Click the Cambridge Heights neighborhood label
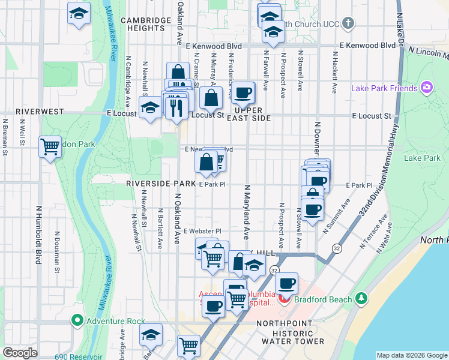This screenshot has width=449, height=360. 146,24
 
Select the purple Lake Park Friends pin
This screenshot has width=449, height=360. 427,88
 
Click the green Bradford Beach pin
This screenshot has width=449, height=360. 361,298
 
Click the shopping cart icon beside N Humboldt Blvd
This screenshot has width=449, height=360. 50,147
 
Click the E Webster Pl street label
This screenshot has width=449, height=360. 202,231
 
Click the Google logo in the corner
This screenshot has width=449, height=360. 20,353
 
